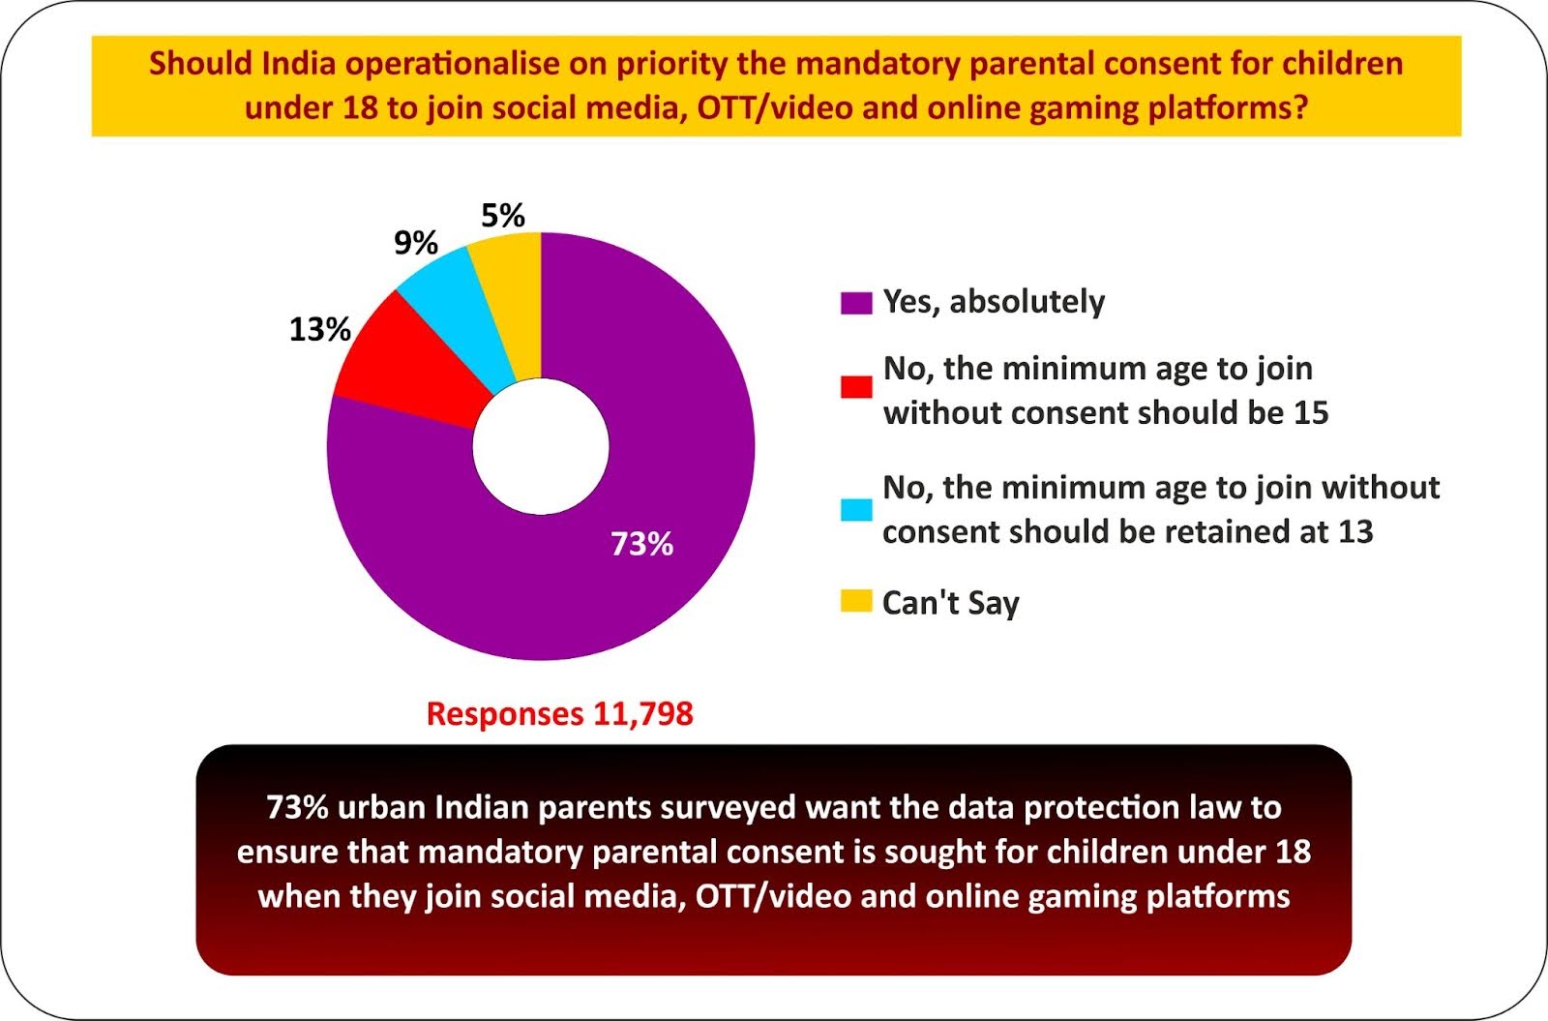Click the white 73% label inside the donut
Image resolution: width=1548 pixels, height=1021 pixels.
click(x=641, y=544)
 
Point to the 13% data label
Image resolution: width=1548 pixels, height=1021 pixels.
click(x=319, y=330)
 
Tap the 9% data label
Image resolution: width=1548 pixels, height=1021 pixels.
click(x=416, y=243)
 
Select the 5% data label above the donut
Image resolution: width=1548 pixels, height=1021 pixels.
click(x=503, y=215)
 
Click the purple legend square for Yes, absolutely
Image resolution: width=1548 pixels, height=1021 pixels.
click(x=856, y=303)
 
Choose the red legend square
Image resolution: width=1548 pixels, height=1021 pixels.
click(x=856, y=387)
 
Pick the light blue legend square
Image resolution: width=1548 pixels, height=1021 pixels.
click(x=856, y=509)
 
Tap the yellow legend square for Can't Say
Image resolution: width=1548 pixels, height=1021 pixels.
click(x=856, y=601)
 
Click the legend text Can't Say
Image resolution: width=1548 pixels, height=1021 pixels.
click(x=950, y=603)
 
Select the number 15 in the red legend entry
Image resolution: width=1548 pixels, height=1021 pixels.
click(x=1311, y=413)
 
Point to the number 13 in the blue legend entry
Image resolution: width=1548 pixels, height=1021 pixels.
click(x=1355, y=532)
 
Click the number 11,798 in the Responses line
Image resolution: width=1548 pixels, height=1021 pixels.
click(x=642, y=714)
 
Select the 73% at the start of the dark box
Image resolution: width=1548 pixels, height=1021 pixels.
click(x=297, y=807)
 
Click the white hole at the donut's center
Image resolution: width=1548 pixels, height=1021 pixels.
click(x=541, y=446)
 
